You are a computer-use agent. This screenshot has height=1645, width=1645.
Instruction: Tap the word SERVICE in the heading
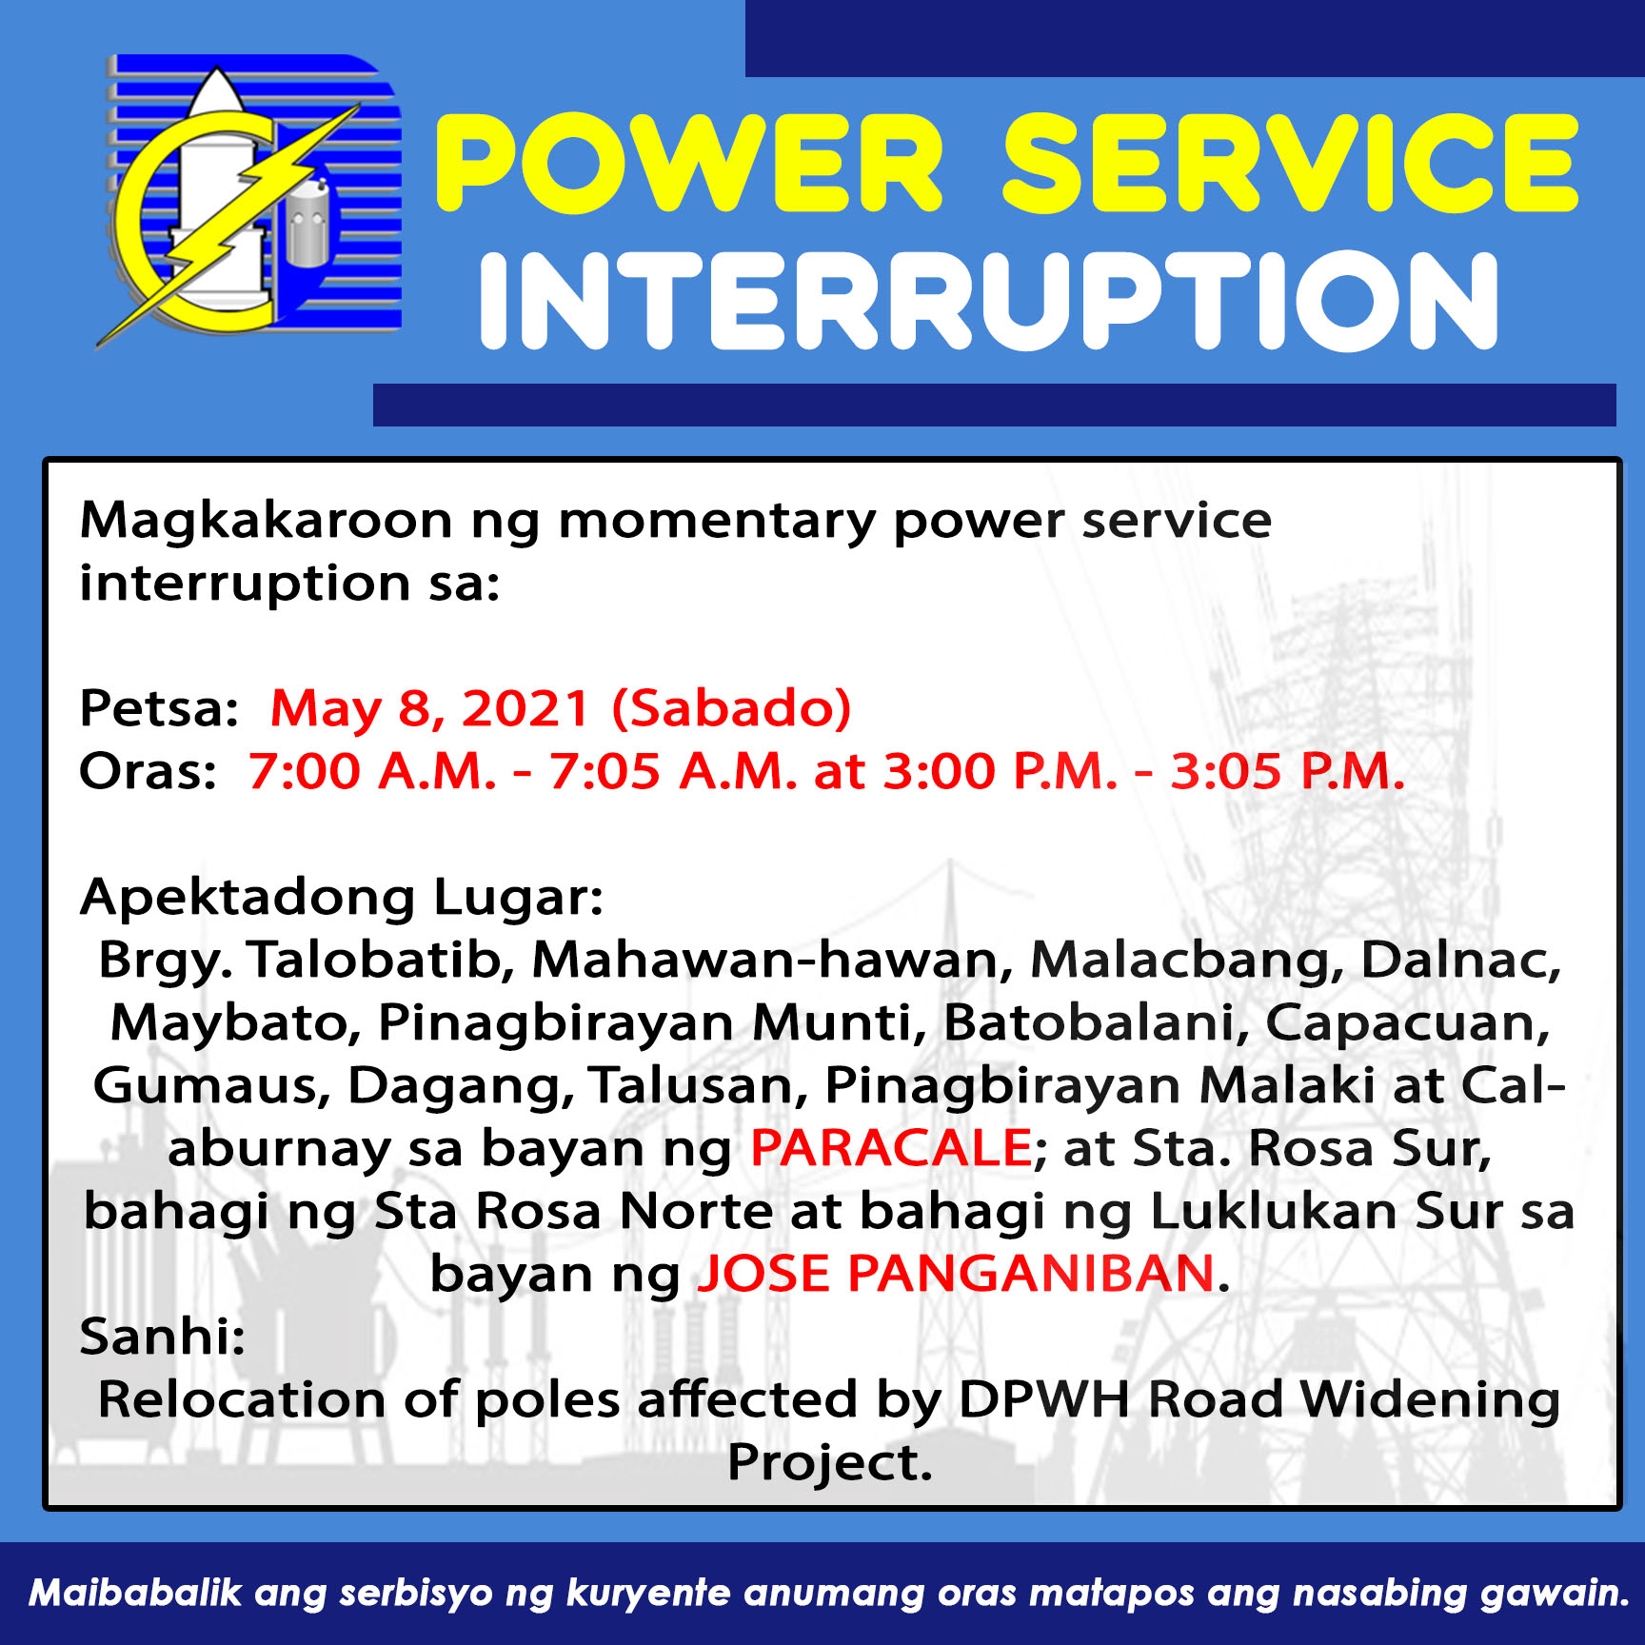pyautogui.click(x=1290, y=163)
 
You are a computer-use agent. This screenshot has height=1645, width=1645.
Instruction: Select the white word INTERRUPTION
pyautogui.click(x=989, y=301)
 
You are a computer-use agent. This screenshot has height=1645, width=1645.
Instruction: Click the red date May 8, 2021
pyautogui.click(x=430, y=708)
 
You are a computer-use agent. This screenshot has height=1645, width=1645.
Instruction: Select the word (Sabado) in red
pyautogui.click(x=731, y=709)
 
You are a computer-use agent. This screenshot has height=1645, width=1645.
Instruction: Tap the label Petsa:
pyautogui.click(x=159, y=708)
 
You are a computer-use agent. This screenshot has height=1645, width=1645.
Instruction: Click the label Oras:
pyautogui.click(x=149, y=771)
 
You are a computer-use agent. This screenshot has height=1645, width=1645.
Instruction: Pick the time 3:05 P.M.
pyautogui.click(x=1287, y=771)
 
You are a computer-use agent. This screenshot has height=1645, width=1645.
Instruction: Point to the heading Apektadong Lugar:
pyautogui.click(x=342, y=898)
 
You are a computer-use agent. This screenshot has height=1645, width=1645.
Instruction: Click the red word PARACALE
pyautogui.click(x=891, y=1148)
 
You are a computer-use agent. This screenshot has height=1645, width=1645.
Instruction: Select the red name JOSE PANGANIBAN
pyautogui.click(x=956, y=1274)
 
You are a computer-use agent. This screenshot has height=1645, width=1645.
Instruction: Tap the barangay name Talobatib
pyautogui.click(x=381, y=960)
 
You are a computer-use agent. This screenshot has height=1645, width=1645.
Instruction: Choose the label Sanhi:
pyautogui.click(x=163, y=1337)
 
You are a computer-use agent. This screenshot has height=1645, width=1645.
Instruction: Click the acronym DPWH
pyautogui.click(x=1043, y=1399)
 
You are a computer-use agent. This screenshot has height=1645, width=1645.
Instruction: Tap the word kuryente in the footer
pyautogui.click(x=648, y=1593)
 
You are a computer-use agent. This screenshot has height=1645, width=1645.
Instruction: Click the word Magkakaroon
pyautogui.click(x=266, y=522)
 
